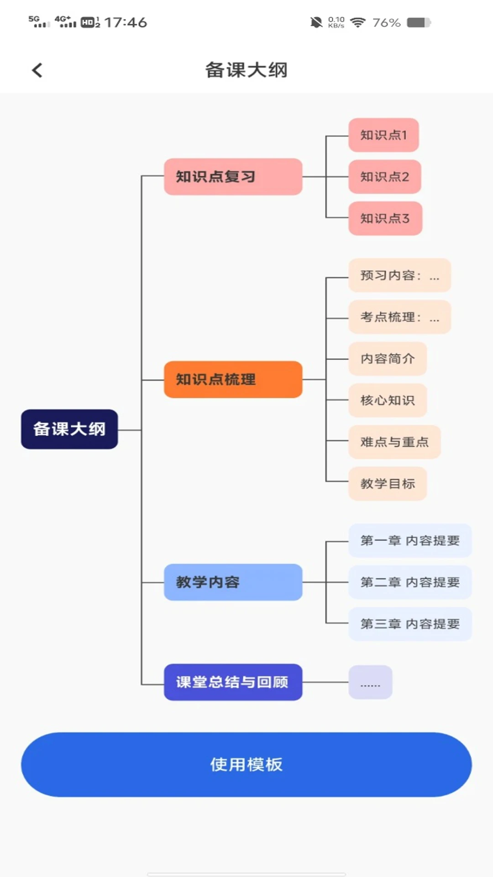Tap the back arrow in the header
pos(37,70)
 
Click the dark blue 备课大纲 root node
pos(69,429)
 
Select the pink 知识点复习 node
pos(233,177)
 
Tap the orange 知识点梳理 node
pos(233,380)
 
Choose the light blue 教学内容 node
pos(233,582)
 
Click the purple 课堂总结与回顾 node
pos(233,682)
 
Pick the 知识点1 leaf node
pos(383,135)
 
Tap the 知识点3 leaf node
pos(385,218)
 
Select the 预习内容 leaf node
pos(399,275)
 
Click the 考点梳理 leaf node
pos(399,317)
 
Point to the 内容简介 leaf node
pos(388,359)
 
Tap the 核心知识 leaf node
pos(388,400)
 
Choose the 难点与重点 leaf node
pos(394,442)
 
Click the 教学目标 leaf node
pos(388,483)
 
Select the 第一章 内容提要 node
pos(409,541)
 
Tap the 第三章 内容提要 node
pos(409,624)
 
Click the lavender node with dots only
pos(370,682)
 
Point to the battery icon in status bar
pos(419,22)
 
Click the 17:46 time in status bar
pos(126,22)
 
